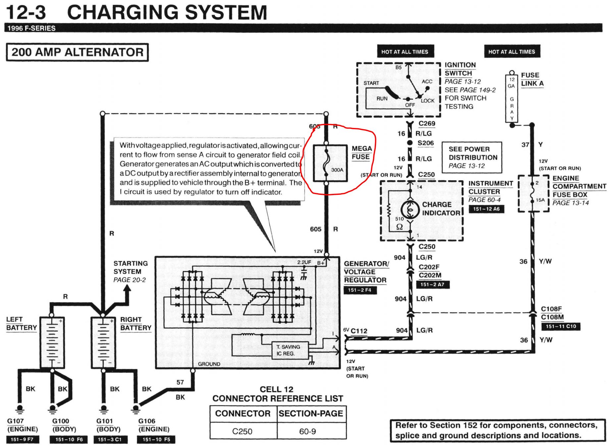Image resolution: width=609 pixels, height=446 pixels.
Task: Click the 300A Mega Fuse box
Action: coord(330,163)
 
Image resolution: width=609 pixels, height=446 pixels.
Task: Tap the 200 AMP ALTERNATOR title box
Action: coord(77,52)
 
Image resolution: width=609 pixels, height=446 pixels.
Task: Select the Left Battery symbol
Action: coord(52,342)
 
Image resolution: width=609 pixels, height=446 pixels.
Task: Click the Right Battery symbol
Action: coord(103,342)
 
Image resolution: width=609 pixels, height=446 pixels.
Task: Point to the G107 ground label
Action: coord(15,421)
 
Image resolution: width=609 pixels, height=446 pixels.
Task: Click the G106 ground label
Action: coord(147,421)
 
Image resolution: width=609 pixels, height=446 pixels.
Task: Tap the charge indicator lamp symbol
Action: coord(410,209)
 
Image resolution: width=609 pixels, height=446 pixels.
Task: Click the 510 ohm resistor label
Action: coord(400,219)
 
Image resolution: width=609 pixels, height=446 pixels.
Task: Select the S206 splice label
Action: coord(426,143)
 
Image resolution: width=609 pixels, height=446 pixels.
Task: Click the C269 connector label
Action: coord(427,124)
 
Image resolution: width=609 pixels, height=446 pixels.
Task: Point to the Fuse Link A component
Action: coord(512,99)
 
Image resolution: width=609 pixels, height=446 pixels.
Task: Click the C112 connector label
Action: coord(359,331)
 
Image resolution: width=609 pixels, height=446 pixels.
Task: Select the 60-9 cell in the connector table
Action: coord(307,431)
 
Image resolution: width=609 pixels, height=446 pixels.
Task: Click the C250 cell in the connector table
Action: coord(242,431)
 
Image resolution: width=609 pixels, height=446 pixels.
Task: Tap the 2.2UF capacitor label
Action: coord(304,262)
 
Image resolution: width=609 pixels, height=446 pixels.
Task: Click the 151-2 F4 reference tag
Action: coord(360,290)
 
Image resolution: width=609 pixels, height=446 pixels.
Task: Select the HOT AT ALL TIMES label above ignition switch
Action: coord(405,52)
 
